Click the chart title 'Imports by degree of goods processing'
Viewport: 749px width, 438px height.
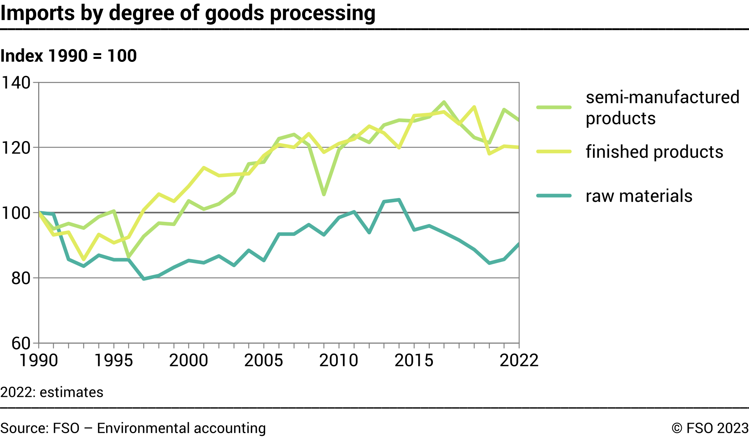[x=188, y=13]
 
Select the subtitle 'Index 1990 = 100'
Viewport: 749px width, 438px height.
[x=68, y=56]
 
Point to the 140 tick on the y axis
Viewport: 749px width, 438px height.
[x=16, y=83]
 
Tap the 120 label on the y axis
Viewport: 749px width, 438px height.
[x=16, y=148]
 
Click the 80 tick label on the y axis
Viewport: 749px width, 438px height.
[x=20, y=278]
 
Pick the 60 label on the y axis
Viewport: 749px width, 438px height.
[x=20, y=343]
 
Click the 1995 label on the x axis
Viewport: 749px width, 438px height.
[x=113, y=360]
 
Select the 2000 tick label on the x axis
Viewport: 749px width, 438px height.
[x=188, y=360]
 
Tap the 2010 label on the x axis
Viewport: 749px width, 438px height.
[x=339, y=360]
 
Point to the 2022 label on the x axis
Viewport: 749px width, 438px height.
[x=519, y=360]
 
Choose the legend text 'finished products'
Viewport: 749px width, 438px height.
[x=654, y=152]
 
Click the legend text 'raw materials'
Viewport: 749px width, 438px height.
[x=639, y=196]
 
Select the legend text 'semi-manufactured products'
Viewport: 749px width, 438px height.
[x=662, y=108]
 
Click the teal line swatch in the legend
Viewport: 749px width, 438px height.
[x=554, y=196]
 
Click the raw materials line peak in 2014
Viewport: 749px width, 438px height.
[x=399, y=200]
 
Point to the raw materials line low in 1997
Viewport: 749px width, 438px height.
[x=144, y=279]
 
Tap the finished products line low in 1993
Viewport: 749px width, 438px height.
[x=83, y=259]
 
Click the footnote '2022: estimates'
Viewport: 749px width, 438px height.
[x=52, y=392]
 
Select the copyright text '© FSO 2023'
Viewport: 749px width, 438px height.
[x=710, y=428]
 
